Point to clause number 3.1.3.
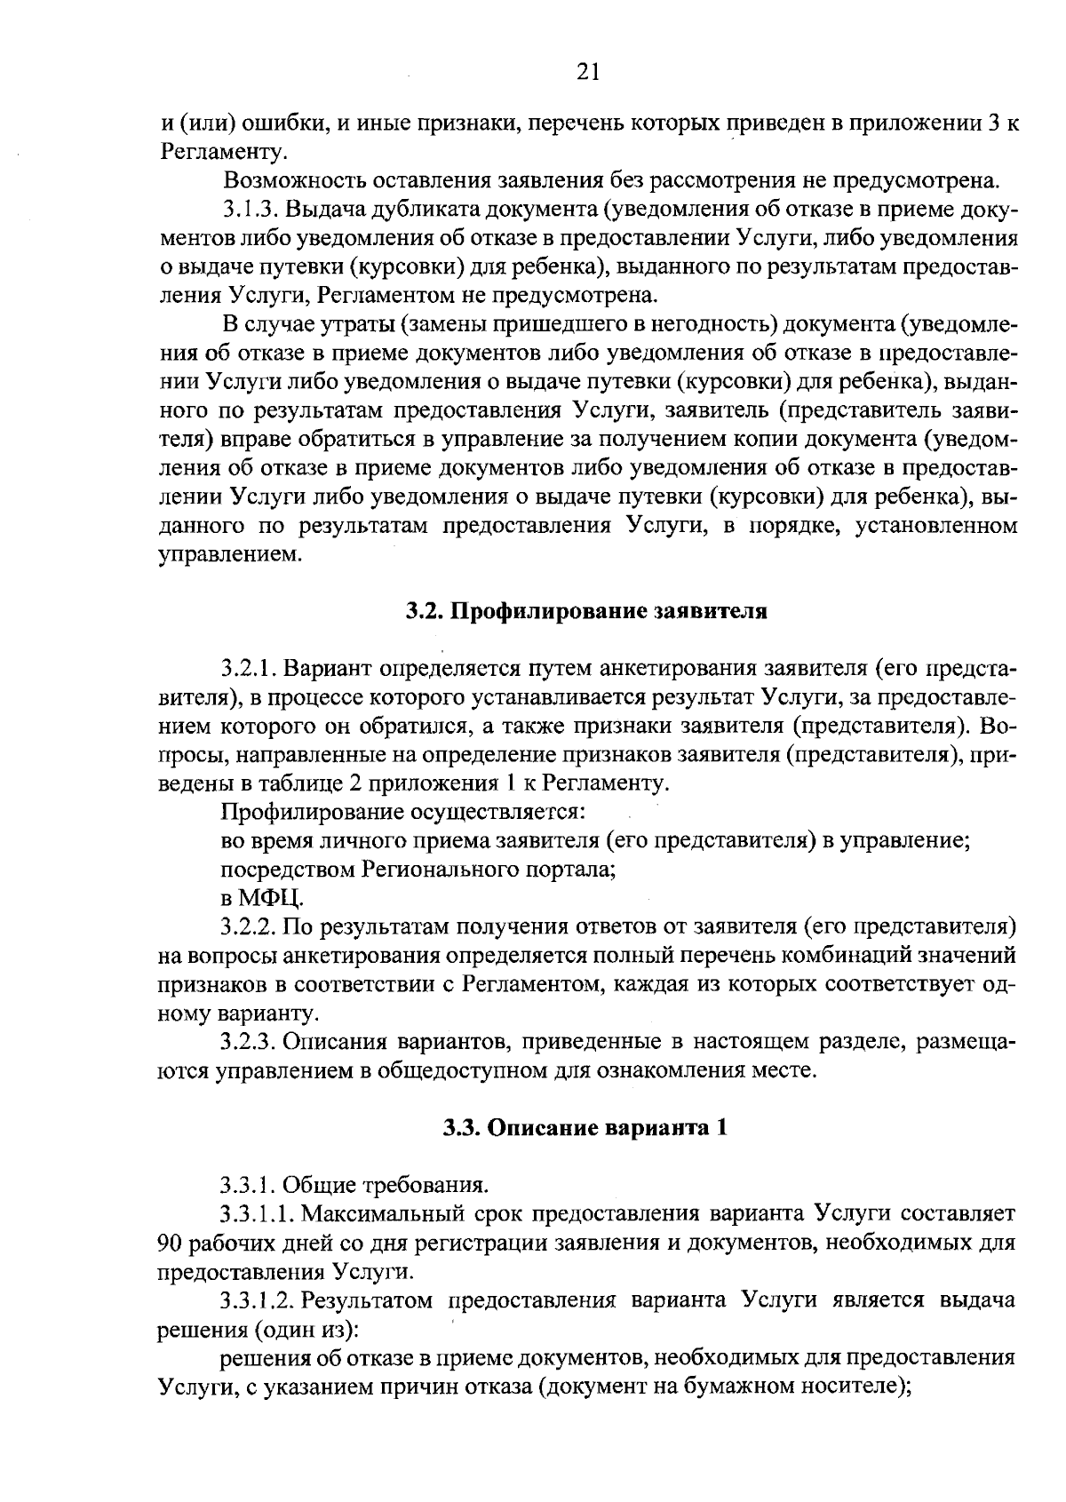click(251, 210)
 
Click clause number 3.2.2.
click(251, 927)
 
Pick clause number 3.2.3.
click(251, 1042)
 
